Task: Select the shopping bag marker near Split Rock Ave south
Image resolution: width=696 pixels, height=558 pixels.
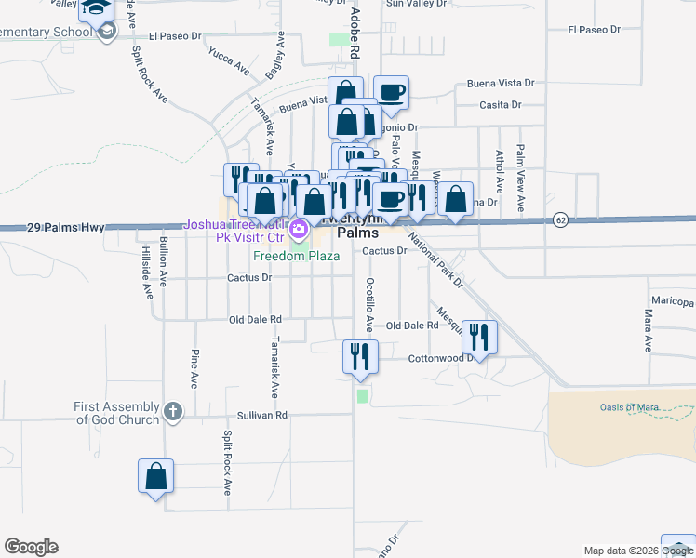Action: click(x=156, y=477)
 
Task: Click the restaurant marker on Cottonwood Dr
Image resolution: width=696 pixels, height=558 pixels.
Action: click(x=479, y=338)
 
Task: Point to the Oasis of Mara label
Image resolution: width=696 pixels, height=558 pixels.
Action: click(x=629, y=406)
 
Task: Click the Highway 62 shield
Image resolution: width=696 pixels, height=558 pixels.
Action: click(x=559, y=219)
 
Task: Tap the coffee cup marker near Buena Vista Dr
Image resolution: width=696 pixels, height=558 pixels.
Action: click(x=391, y=93)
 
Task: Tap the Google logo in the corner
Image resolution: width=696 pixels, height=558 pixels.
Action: click(x=31, y=547)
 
